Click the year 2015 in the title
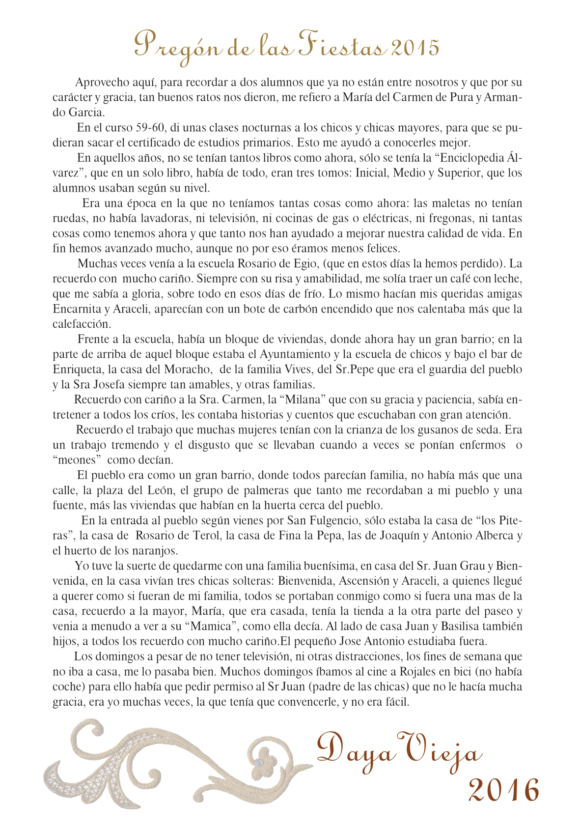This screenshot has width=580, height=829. (x=415, y=48)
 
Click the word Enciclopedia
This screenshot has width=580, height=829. (x=470, y=158)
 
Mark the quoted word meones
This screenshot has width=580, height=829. (x=77, y=460)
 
